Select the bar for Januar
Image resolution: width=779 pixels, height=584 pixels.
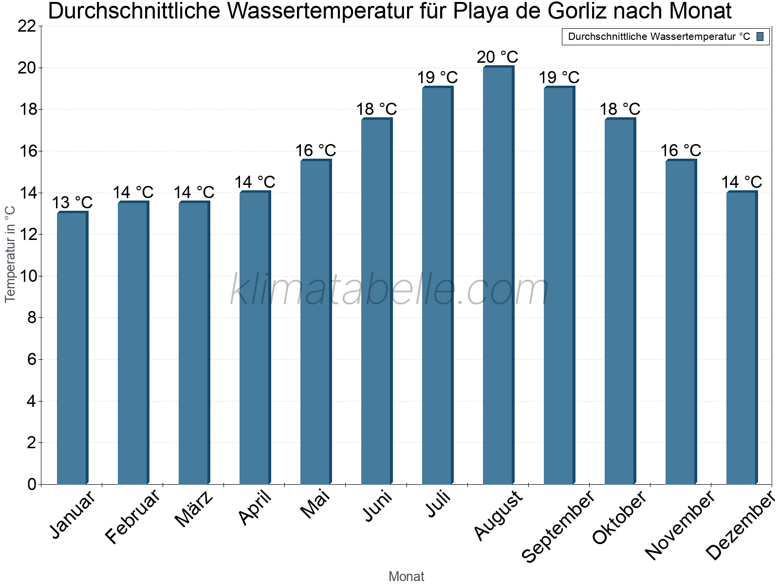72,348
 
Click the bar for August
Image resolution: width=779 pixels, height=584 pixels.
498,275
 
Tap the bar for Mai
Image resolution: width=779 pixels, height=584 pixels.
315,322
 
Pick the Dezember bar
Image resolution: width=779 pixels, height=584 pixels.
742,338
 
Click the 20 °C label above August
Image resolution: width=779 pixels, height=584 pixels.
497,57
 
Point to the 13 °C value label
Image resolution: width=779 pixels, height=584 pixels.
72,202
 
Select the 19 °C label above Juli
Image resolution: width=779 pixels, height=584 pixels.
437,77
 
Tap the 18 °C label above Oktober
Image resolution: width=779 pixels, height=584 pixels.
620,109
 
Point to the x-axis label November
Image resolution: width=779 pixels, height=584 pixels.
681,525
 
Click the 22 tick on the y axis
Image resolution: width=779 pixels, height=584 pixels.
27,26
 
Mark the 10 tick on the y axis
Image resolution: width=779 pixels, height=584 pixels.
27,276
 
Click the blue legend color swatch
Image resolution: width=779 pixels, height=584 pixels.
760,36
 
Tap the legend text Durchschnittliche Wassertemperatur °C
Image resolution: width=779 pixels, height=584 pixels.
659,36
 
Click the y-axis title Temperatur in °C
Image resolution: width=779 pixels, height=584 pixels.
10,254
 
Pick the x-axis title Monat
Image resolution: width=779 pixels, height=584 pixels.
407,577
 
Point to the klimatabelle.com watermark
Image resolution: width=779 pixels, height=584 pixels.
389,290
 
